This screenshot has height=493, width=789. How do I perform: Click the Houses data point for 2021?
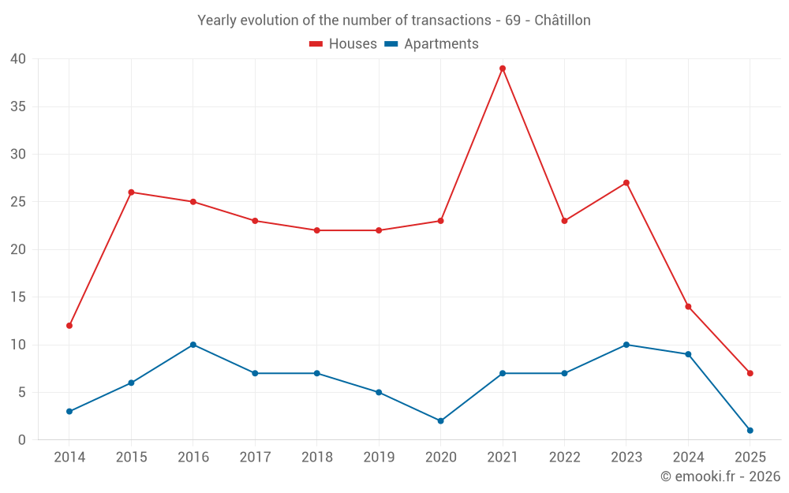tap(503, 69)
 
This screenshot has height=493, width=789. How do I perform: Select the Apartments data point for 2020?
tap(440, 420)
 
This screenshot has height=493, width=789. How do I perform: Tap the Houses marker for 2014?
tap(69, 326)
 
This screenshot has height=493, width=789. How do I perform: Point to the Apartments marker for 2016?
tap(193, 345)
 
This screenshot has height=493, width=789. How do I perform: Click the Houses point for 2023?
tap(626, 183)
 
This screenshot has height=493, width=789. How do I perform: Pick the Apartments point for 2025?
tap(750, 430)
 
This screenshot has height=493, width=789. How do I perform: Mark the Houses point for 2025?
tap(750, 373)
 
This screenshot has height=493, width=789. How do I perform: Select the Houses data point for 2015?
tap(131, 192)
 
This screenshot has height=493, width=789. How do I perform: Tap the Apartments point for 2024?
tap(688, 354)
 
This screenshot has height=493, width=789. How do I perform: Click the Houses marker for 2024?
tap(688, 307)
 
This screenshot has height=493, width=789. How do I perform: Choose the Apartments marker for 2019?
tap(379, 392)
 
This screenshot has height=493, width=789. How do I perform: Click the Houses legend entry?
tap(343, 44)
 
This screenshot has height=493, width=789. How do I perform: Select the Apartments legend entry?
tap(432, 44)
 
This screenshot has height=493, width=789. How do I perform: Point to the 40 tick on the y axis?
tap(18, 59)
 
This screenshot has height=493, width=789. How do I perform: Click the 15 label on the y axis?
tap(18, 297)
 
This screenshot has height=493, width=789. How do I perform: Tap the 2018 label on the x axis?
tap(316, 458)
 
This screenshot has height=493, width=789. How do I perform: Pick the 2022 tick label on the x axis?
tap(564, 458)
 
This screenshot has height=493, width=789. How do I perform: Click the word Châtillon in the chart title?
tap(562, 21)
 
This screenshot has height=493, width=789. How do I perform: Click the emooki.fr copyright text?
tap(720, 476)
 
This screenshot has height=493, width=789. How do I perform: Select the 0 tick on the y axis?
tap(22, 440)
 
